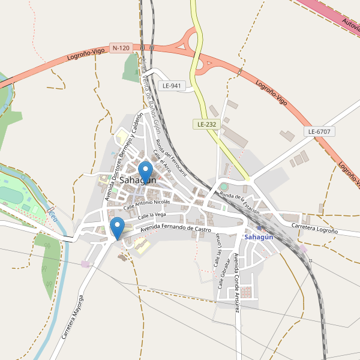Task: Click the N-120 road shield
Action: point(121,47)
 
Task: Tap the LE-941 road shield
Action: point(172,86)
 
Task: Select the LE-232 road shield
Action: point(206,124)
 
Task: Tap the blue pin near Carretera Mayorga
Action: point(118,227)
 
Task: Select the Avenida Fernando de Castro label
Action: point(175,228)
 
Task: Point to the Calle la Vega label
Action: point(151,215)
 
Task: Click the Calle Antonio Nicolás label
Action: point(146,205)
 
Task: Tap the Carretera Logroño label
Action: point(314,227)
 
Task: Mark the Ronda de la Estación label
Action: point(239,204)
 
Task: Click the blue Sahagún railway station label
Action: point(259,237)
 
